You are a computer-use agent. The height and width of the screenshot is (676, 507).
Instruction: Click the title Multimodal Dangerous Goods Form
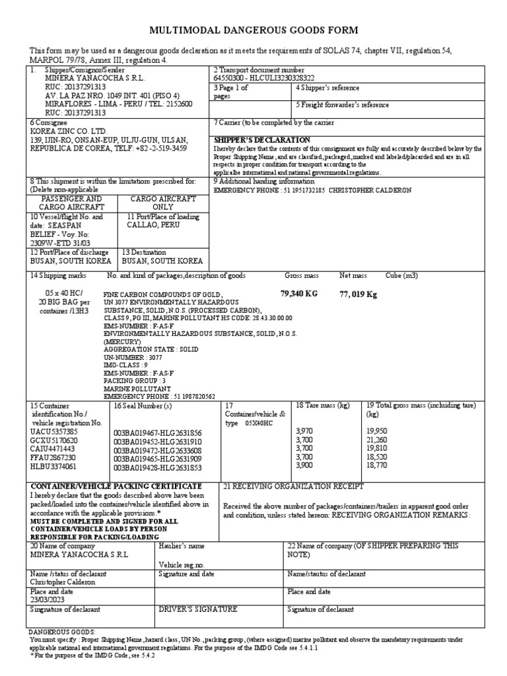click(x=254, y=30)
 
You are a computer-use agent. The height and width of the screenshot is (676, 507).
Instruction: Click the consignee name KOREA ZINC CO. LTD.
click(x=68, y=131)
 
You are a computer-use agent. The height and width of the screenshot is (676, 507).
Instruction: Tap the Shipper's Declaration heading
click(x=262, y=140)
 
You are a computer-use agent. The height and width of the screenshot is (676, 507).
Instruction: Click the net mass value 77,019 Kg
click(x=358, y=294)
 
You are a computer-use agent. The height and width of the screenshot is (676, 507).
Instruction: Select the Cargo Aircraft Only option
click(x=152, y=202)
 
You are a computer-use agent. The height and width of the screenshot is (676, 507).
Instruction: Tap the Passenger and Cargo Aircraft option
click(x=73, y=202)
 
